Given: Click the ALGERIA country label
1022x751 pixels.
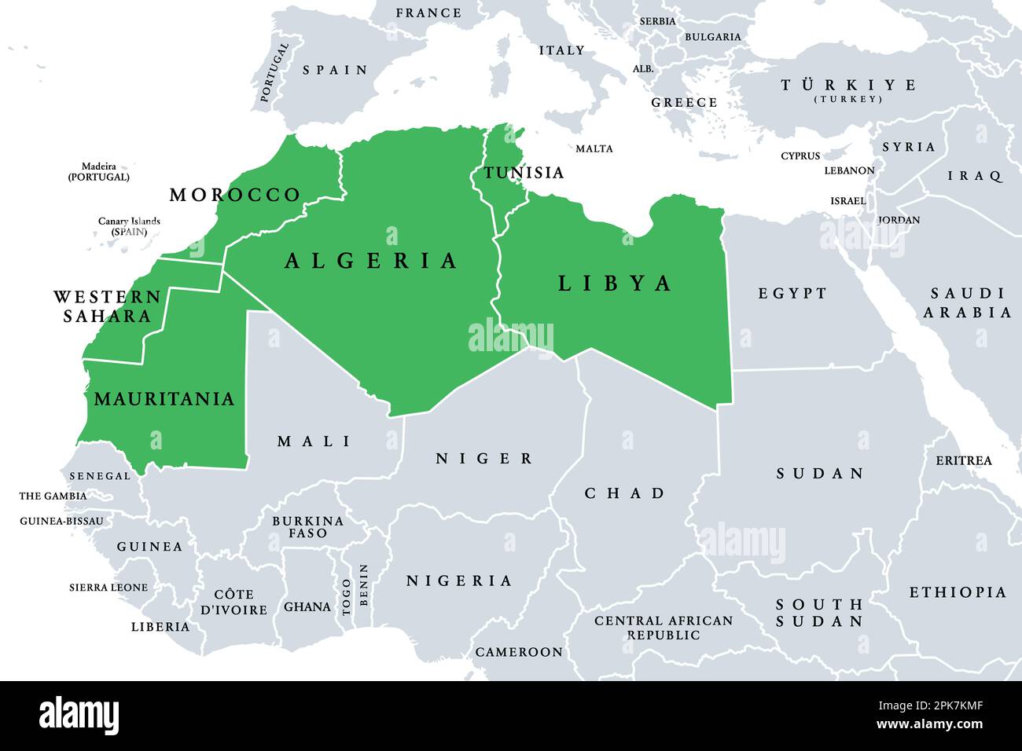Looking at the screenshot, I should click(x=371, y=261).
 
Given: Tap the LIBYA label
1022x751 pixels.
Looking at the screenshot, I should click(x=615, y=284).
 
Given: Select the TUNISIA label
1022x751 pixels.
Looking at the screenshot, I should click(x=524, y=173).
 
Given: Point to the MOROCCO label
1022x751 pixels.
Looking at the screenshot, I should click(x=235, y=195).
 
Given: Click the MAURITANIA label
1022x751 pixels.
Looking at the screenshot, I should click(x=164, y=399).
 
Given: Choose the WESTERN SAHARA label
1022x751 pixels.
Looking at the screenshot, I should click(x=106, y=306).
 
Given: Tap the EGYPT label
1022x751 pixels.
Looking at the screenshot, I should click(x=792, y=294).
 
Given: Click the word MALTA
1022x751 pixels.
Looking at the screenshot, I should click(x=594, y=148).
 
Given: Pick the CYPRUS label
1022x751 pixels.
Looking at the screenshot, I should click(x=800, y=156).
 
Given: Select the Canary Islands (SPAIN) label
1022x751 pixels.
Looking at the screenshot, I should click(x=129, y=226).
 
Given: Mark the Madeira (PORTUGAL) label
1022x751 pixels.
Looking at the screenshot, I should click(x=98, y=171).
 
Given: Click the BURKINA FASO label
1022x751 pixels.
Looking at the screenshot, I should click(x=307, y=526).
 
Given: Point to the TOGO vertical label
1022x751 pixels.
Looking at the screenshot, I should click(x=347, y=596).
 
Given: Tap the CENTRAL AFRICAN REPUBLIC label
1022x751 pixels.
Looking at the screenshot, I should click(x=663, y=627).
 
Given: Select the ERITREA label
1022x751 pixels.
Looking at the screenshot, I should click(x=963, y=460).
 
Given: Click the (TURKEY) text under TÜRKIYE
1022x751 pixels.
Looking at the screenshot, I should click(x=848, y=100).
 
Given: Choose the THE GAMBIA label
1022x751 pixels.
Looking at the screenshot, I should click(x=53, y=496).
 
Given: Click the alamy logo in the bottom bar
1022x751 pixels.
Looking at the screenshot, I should click(x=79, y=716).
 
